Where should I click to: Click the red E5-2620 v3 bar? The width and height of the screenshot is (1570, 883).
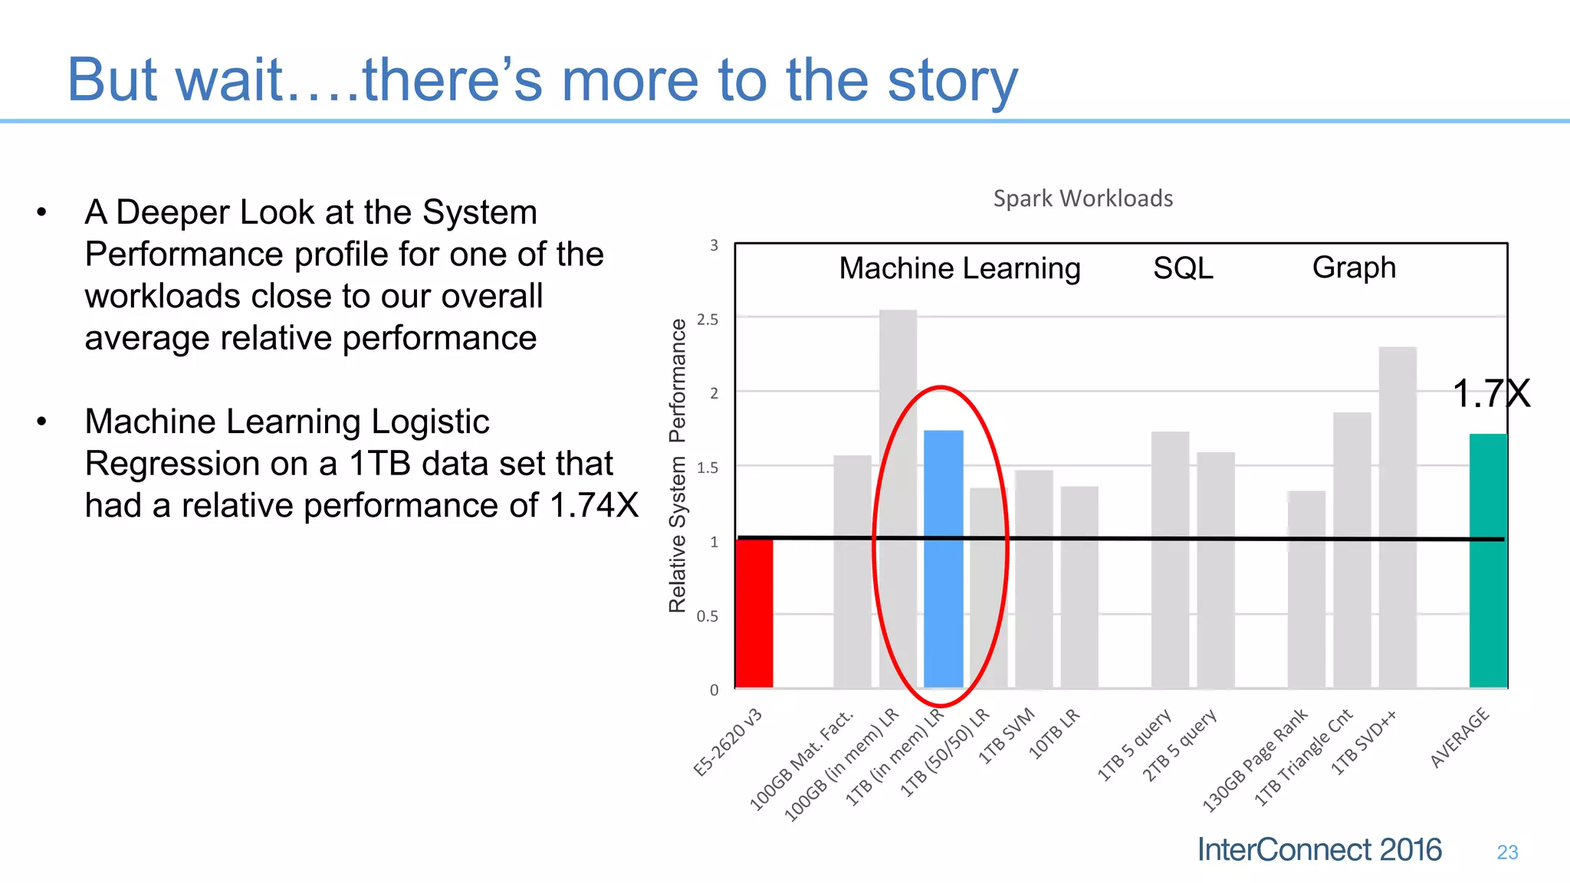(x=754, y=613)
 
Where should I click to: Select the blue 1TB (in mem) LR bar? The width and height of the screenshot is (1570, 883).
(x=943, y=560)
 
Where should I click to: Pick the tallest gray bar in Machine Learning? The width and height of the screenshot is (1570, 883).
(x=898, y=498)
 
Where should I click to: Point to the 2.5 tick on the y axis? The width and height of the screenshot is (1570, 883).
(x=708, y=320)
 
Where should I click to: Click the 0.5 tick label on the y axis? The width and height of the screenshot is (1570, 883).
(x=708, y=616)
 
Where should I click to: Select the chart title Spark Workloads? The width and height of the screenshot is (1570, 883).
(x=1082, y=199)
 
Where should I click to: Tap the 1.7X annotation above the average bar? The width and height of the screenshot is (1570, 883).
(x=1490, y=394)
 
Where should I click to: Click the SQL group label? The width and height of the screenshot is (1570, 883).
(x=1183, y=268)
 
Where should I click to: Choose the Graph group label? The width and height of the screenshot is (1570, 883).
(x=1354, y=268)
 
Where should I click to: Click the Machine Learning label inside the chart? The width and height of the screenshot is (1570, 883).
(x=960, y=268)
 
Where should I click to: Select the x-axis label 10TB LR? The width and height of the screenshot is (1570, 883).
(x=1054, y=734)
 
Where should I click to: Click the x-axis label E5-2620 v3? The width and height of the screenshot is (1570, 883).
(x=728, y=743)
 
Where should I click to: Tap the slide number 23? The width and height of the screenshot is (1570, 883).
(x=1507, y=852)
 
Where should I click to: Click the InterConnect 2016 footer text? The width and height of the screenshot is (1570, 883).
(x=1319, y=850)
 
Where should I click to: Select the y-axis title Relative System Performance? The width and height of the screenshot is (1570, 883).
(x=677, y=465)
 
